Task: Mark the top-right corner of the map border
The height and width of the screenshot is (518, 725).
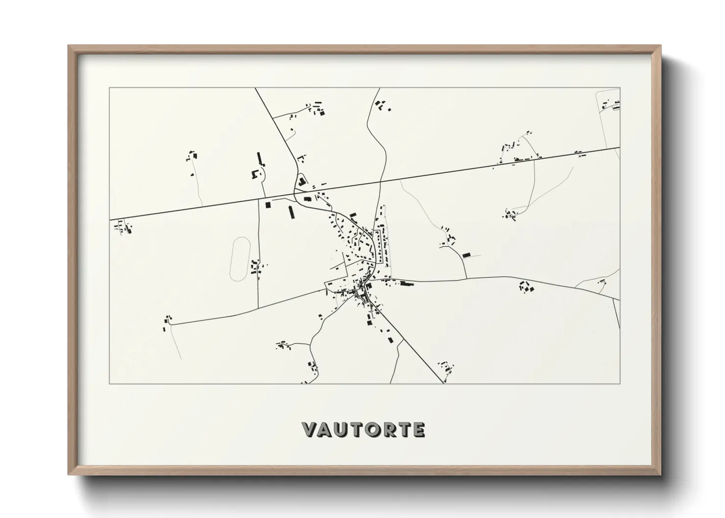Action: click(620, 88)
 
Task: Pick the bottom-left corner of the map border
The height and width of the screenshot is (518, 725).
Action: click(110, 383)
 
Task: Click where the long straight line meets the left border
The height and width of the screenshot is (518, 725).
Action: click(110, 219)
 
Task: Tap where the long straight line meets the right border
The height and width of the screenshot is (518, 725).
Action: click(619, 147)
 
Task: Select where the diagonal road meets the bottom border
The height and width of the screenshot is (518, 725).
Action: click(444, 383)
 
